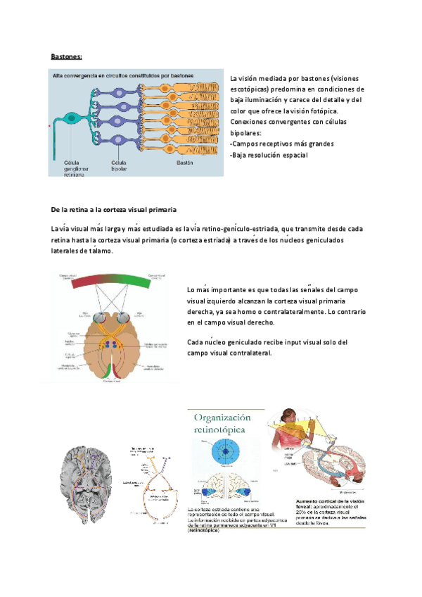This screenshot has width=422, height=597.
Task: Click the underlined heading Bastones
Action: [67, 56]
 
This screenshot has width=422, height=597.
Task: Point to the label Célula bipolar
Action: [118, 165]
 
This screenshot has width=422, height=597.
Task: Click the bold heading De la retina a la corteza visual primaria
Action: [113, 210]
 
